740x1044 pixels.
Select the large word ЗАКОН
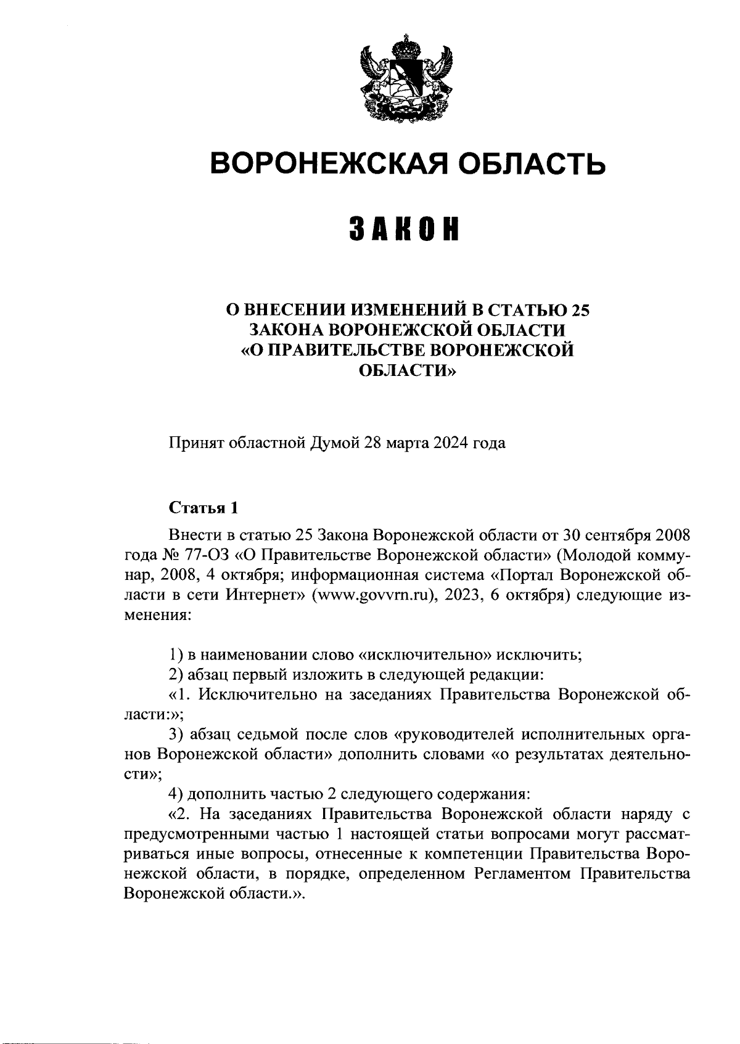(x=405, y=229)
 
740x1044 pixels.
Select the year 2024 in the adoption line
(x=450, y=442)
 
